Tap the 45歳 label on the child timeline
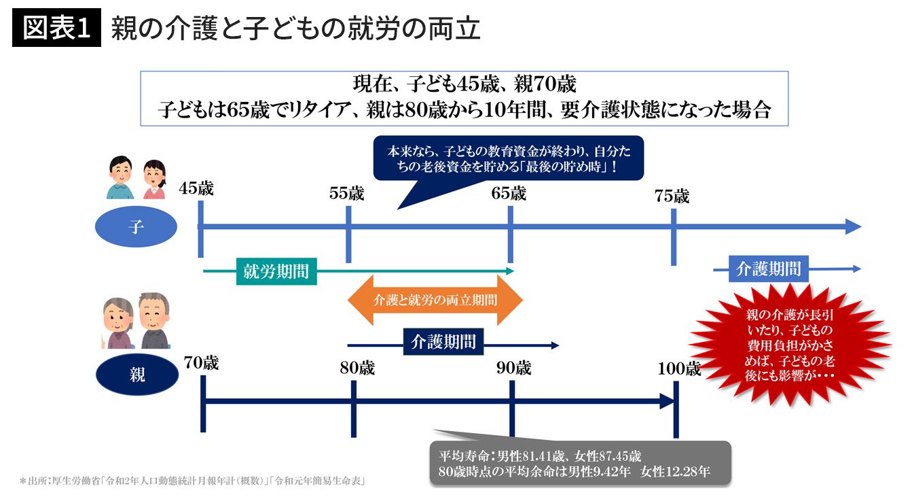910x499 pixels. (x=197, y=188)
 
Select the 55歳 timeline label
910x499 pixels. (x=346, y=193)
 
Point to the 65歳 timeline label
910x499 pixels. (x=509, y=193)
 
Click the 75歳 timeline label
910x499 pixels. (x=672, y=196)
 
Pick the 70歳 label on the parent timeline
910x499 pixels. (x=201, y=363)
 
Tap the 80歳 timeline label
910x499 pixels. (x=357, y=368)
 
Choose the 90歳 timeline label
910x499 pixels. (x=513, y=368)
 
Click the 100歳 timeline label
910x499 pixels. (x=678, y=368)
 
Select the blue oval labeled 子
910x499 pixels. (x=136, y=228)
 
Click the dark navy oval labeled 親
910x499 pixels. (x=136, y=374)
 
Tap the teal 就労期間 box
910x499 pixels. (x=276, y=271)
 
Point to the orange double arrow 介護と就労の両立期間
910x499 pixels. (x=435, y=300)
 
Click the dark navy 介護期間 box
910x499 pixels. (x=443, y=341)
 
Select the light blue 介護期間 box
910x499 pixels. (x=768, y=269)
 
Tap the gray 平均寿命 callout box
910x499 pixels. (x=580, y=463)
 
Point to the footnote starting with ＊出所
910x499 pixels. (x=193, y=481)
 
